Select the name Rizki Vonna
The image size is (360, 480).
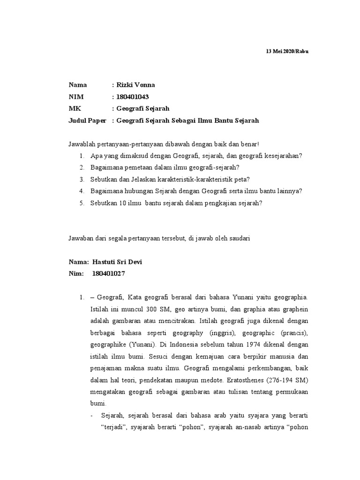(x=135, y=85)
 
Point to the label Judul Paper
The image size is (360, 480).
(x=87, y=120)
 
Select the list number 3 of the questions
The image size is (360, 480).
(x=82, y=179)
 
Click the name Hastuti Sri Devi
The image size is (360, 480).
(x=117, y=262)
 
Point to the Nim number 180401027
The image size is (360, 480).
(x=109, y=273)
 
